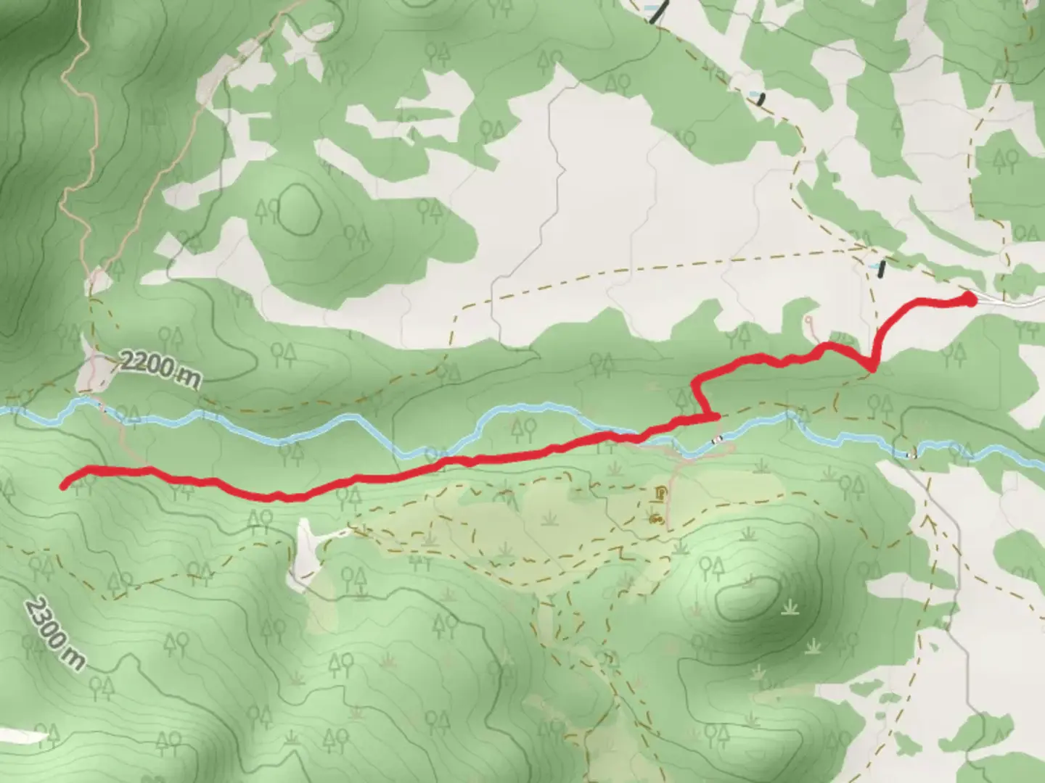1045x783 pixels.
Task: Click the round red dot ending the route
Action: (969, 299)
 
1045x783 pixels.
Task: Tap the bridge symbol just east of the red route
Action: (717, 439)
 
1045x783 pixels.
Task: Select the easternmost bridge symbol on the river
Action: (911, 455)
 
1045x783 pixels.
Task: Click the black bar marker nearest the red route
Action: (881, 269)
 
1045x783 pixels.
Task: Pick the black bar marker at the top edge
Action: (657, 13)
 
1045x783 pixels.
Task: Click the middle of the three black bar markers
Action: (761, 99)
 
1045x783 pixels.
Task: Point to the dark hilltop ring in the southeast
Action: (747, 598)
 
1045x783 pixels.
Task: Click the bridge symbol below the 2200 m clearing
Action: (102, 410)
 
